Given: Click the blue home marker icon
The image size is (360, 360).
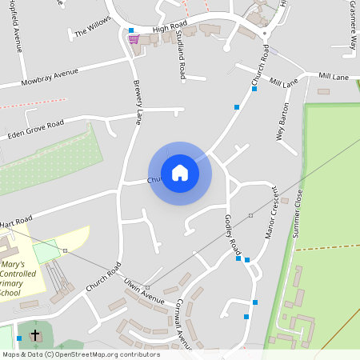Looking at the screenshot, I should (180, 173).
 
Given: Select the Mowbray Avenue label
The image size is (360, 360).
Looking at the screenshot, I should (50, 77).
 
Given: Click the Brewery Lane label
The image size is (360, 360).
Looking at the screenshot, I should (138, 101).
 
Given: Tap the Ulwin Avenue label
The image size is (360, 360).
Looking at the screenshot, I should (144, 293).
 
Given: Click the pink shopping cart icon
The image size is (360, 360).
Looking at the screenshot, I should (133, 38).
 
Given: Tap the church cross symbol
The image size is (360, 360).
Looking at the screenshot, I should (35, 334).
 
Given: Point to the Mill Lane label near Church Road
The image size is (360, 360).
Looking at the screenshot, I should (284, 82).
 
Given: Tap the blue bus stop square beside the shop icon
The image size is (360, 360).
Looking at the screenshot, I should (131, 30).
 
